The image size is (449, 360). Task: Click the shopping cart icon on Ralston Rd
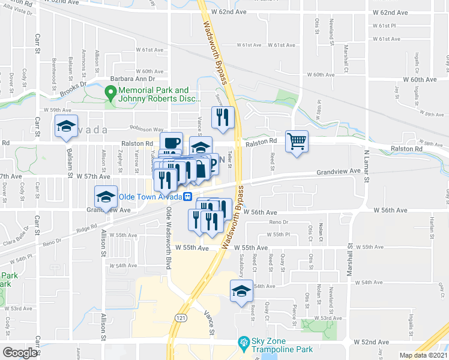point(297,142)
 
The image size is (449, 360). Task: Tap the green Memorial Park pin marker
point(110,93)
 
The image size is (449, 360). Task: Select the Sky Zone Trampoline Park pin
point(243,343)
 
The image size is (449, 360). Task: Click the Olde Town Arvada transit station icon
point(188,196)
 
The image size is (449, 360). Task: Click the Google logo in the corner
point(19,353)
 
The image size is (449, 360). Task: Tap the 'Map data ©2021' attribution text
point(423,355)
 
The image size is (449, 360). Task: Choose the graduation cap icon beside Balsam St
point(65,127)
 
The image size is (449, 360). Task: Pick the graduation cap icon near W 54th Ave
point(241,292)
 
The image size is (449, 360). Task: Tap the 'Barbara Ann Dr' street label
point(132,79)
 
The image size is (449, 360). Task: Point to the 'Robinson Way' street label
point(146,129)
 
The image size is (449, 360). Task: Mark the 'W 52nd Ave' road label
point(371,342)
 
